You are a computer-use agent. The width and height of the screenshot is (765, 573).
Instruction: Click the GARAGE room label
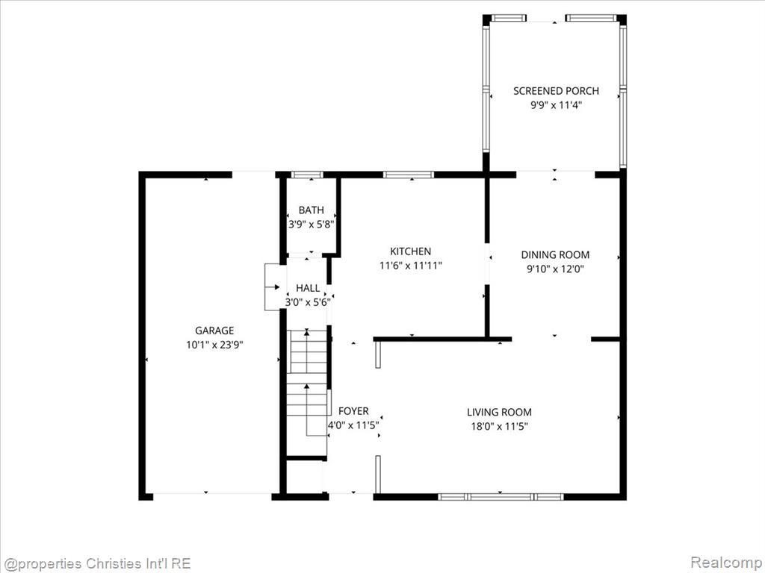pyautogui.click(x=214, y=331)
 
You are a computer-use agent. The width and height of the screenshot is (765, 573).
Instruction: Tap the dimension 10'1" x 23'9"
pyautogui.click(x=214, y=345)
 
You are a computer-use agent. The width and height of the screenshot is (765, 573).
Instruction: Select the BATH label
pyautogui.click(x=311, y=210)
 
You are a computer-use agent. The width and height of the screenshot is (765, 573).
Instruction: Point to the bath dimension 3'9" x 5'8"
pyautogui.click(x=311, y=225)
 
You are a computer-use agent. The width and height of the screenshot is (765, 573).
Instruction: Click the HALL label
pyautogui.click(x=308, y=288)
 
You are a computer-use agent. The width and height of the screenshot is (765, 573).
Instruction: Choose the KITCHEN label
pyautogui.click(x=410, y=251)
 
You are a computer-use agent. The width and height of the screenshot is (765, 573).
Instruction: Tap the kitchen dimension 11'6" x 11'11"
pyautogui.click(x=410, y=266)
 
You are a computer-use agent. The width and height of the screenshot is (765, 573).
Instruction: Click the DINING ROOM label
pyautogui.click(x=555, y=254)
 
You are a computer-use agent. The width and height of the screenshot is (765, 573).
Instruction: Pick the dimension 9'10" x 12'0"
pyautogui.click(x=555, y=269)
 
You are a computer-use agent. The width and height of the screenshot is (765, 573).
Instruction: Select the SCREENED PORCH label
pyautogui.click(x=556, y=90)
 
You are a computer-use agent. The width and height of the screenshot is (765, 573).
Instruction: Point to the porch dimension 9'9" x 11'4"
pyautogui.click(x=556, y=105)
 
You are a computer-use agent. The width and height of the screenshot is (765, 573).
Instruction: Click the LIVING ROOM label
pyautogui.click(x=499, y=412)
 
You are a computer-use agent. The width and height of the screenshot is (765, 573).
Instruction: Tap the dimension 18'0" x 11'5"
pyautogui.click(x=499, y=426)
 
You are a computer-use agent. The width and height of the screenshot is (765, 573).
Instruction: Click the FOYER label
pyautogui.click(x=353, y=411)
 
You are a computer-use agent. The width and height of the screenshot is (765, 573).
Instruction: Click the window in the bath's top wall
pyautogui.click(x=307, y=175)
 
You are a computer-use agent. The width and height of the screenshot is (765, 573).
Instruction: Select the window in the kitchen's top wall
pyautogui.click(x=409, y=175)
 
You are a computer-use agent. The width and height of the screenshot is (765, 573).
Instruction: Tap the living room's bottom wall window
pyautogui.click(x=501, y=496)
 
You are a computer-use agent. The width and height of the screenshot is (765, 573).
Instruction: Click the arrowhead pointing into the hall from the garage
pyautogui.click(x=277, y=287)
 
